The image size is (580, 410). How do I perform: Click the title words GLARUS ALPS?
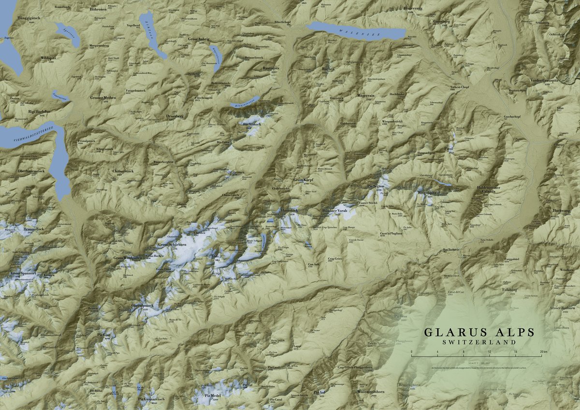tap(479, 332)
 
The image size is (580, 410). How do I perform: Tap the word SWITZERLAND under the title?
tap(479, 341)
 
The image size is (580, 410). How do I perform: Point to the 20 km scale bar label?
tap(543, 351)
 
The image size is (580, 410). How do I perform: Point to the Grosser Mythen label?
tap(103, 97)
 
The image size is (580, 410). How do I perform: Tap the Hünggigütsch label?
tap(29, 17)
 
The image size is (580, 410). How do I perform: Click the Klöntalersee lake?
tap(242, 102)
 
